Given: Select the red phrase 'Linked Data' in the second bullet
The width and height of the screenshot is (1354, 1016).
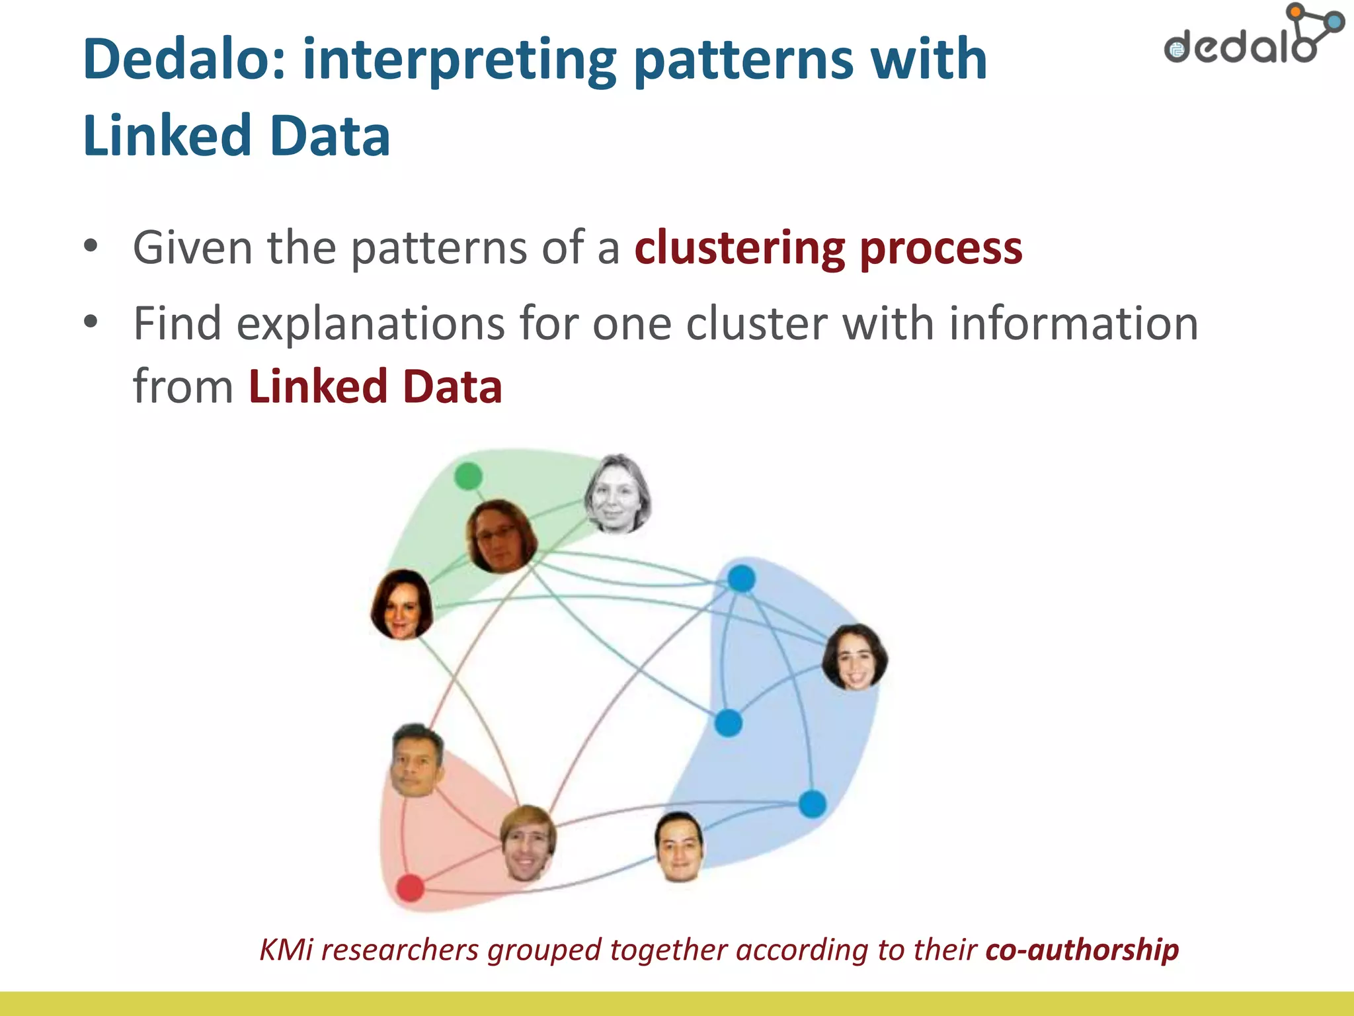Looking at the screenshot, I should coord(375,386).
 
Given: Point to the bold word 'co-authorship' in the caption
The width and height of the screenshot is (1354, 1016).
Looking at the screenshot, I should coord(1082,950).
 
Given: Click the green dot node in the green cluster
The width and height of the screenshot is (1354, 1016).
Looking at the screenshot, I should coord(469,476).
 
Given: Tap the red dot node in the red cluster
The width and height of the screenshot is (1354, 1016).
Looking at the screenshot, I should coord(410,888).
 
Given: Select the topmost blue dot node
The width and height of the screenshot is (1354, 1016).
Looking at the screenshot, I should coord(741,579).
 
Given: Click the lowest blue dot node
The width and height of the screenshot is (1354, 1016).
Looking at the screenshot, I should coord(813,804).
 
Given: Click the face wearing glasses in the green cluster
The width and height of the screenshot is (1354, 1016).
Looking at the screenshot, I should coord(501,536).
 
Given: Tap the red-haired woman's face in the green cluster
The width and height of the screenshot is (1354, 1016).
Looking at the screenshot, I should coord(401,605).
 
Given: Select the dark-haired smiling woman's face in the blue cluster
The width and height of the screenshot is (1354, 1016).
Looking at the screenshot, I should coord(854,657).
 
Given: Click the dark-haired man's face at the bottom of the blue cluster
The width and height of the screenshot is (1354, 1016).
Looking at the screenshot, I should coord(679,847).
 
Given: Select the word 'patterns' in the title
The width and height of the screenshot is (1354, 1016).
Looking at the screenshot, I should coord(743,60).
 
